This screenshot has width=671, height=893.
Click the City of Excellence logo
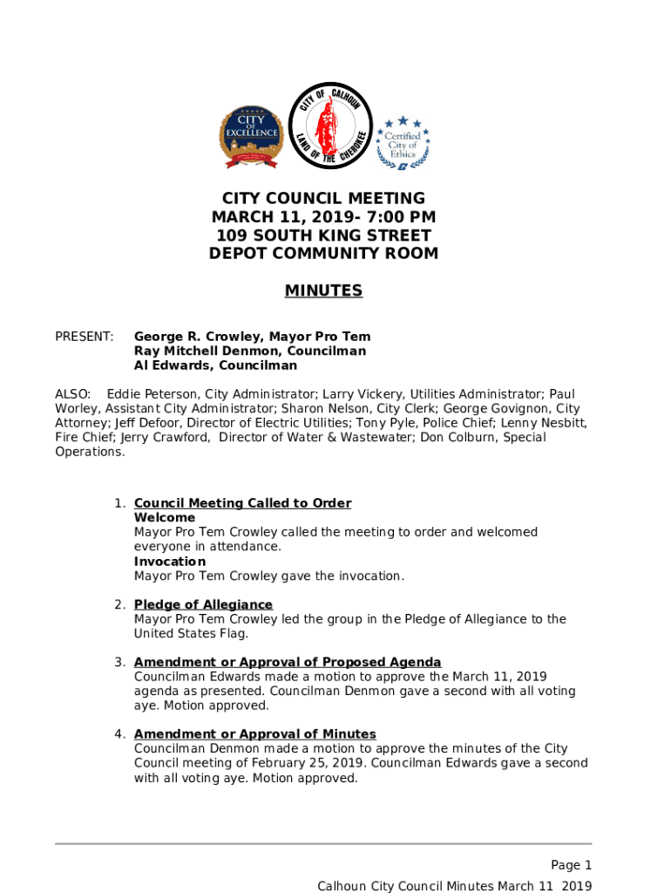251,137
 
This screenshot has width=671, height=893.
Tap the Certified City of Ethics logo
402,142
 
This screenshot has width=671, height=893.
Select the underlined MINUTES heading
323,291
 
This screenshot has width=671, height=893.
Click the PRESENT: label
85,337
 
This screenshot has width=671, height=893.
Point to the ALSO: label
73,394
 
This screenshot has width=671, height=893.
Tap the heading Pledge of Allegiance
203,605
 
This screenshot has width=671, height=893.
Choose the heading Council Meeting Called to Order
242,503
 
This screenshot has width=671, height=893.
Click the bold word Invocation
170,562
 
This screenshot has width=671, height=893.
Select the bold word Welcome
165,518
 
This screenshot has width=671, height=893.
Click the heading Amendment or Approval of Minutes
254,734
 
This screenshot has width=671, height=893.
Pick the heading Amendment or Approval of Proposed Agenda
288,662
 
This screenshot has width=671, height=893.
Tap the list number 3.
118,662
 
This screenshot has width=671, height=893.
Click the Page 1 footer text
571,865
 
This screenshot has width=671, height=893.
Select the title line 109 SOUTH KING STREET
323,235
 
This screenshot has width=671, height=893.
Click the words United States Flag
185,634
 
